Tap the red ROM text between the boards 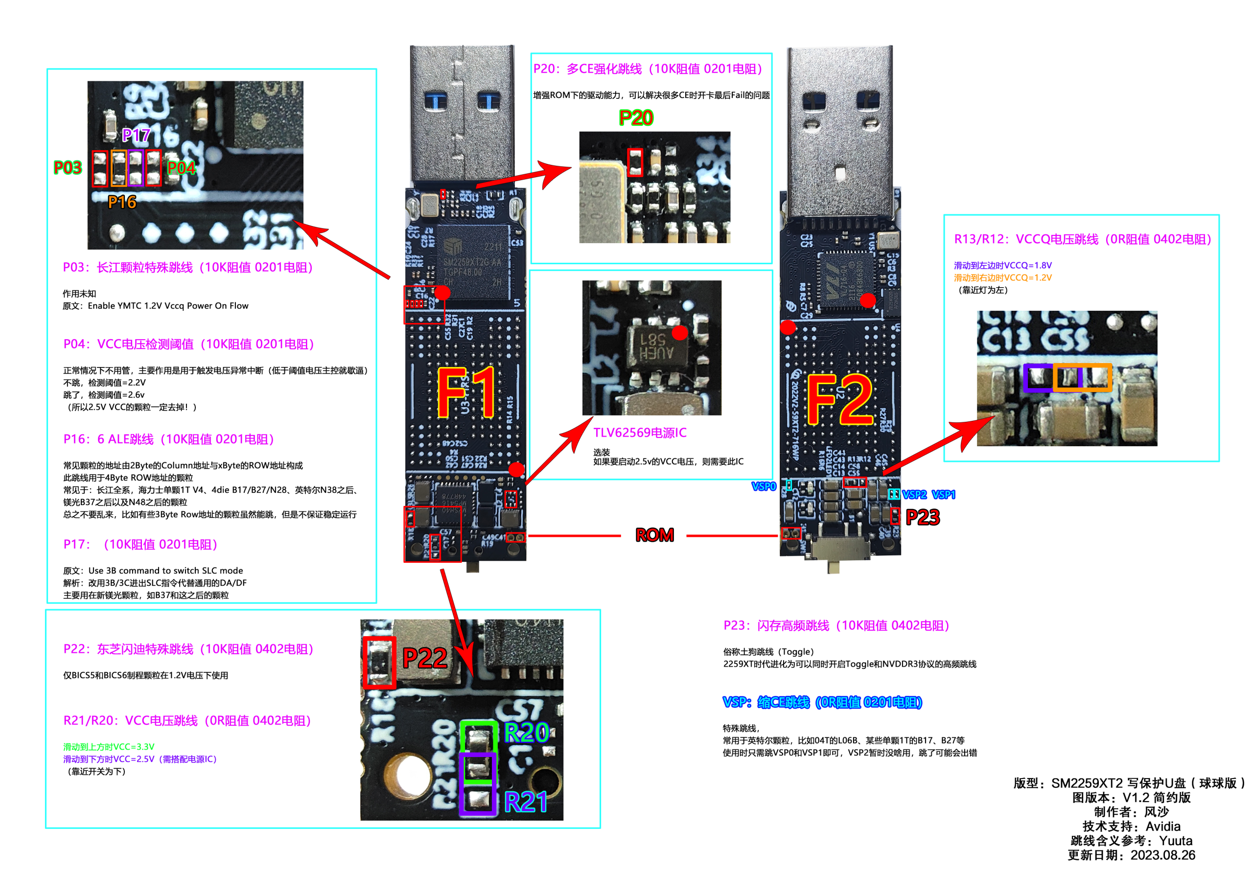click(654, 535)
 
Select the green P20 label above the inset click(636, 118)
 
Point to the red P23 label click(922, 517)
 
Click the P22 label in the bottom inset click(424, 658)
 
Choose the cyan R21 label click(526, 802)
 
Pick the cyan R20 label click(526, 733)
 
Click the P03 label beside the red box click(68, 167)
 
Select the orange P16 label click(122, 203)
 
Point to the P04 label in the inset click(181, 168)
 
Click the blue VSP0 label click(764, 486)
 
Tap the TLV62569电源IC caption click(640, 433)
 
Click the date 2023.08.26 click(1162, 855)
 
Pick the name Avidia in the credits click(1162, 826)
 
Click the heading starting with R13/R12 click(1082, 239)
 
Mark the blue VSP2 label click(914, 494)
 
